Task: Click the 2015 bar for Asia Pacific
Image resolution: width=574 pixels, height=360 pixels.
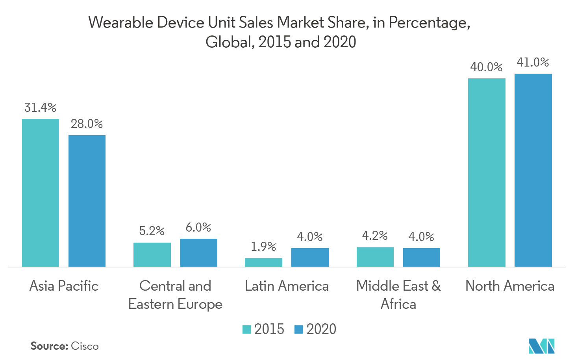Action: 41,193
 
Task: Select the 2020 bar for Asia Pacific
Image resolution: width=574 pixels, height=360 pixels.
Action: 87,201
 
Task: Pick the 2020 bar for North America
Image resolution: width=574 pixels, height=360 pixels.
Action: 533,170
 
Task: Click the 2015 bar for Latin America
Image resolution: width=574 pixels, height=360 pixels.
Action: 263,262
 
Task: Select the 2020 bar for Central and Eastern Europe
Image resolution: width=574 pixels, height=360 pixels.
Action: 198,252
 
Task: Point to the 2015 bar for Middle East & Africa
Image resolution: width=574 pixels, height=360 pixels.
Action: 375,257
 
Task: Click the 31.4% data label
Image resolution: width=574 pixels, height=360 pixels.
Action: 40,108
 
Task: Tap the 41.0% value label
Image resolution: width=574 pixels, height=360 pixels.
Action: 533,62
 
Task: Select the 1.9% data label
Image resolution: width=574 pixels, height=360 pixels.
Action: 263,247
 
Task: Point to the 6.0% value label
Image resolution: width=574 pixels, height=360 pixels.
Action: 198,228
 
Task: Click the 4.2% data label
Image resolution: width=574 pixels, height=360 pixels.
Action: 375,236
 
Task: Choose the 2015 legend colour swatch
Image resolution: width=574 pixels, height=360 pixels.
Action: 246,329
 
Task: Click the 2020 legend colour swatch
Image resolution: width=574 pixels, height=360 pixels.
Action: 299,329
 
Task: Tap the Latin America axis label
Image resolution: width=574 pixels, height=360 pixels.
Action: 287,286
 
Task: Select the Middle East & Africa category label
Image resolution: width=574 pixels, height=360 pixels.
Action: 398,295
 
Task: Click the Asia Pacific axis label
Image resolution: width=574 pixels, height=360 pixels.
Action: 64,286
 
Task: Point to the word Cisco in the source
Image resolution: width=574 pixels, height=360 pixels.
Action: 85,346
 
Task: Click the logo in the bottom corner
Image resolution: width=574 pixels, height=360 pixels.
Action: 542,346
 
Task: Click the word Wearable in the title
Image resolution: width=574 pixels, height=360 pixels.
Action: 120,22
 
